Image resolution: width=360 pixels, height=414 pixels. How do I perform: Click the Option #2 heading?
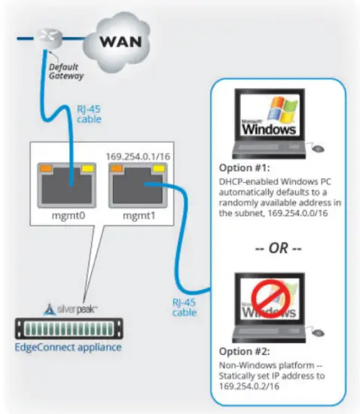(240, 351)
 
